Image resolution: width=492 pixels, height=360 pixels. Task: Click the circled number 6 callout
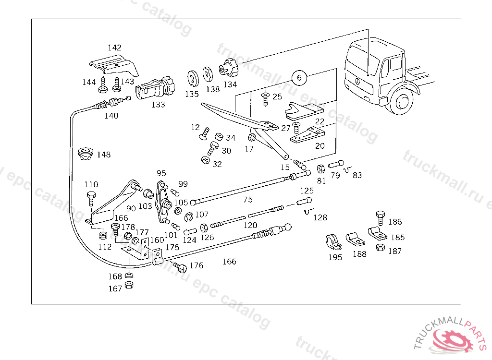click(299, 77)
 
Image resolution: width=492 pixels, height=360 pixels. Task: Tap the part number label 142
click(114, 48)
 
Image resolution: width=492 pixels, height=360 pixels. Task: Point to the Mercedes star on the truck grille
click(358, 81)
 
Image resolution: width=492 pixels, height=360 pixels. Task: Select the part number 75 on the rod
click(247, 199)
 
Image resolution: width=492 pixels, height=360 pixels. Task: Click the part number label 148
click(103, 155)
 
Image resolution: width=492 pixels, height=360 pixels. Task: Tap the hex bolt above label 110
click(91, 195)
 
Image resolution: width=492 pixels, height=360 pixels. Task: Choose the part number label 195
click(335, 257)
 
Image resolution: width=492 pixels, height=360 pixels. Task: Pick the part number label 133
click(158, 104)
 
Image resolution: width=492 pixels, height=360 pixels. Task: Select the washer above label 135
click(193, 77)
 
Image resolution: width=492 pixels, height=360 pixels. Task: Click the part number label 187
click(395, 251)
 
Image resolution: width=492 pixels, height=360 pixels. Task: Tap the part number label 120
click(250, 225)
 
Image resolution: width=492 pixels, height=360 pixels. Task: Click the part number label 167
click(115, 288)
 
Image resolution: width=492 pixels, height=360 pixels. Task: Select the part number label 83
click(357, 175)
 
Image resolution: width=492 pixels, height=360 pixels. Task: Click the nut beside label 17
click(251, 138)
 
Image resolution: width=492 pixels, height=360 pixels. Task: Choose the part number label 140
click(111, 116)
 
